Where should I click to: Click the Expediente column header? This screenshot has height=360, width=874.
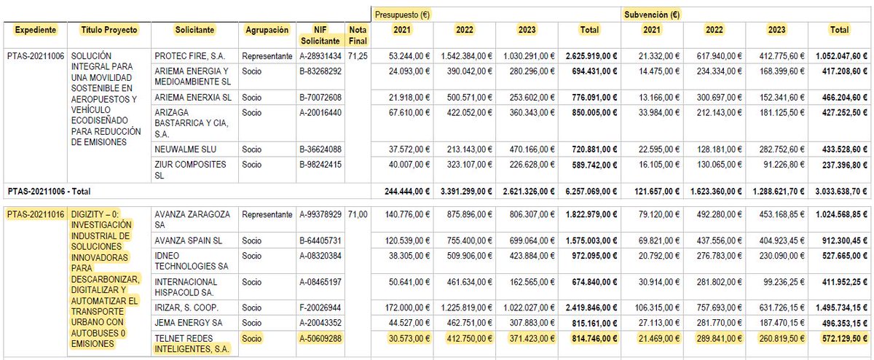[36, 30]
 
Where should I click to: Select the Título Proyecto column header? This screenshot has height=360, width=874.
[109, 30]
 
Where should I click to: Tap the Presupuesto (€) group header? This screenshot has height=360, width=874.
[402, 15]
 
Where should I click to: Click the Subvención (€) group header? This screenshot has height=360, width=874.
[652, 15]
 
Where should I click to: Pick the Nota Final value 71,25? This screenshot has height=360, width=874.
[358, 56]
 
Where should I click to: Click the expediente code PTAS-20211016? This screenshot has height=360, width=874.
[36, 214]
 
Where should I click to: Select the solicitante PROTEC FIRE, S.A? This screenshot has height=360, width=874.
[189, 56]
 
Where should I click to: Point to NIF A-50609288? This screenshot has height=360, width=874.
[320, 338]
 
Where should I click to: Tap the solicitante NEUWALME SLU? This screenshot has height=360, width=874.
[185, 149]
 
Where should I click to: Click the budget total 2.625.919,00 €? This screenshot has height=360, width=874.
[591, 56]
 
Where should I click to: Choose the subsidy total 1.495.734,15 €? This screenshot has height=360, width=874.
[841, 308]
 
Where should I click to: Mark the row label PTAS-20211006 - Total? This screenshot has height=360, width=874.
[49, 192]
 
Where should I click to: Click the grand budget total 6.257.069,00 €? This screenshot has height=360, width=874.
[591, 192]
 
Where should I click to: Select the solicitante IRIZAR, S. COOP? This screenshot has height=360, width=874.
[186, 308]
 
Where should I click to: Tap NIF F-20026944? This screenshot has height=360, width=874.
[320, 308]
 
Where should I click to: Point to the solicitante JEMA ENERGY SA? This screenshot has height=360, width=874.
[189, 323]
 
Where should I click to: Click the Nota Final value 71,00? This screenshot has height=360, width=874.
[358, 214]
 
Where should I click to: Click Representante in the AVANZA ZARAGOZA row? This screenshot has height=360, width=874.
[267, 214]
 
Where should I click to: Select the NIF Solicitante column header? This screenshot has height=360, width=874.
[320, 35]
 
